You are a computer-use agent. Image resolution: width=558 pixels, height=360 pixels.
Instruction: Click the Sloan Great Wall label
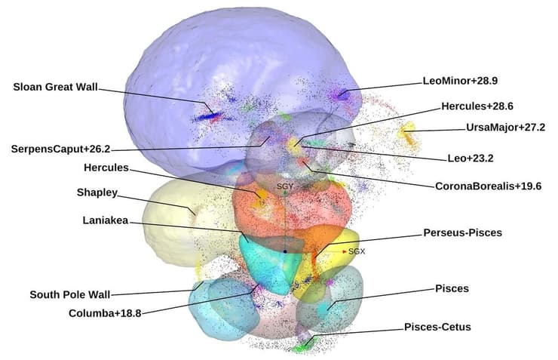56,86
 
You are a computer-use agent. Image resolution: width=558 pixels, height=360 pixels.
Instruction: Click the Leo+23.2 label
477,158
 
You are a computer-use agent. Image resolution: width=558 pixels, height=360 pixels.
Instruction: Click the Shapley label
97,192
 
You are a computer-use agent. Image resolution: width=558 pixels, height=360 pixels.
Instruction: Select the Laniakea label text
103,220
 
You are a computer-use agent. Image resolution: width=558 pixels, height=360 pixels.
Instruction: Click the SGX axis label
357,252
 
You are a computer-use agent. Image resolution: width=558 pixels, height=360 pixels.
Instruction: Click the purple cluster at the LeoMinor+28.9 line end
342,95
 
